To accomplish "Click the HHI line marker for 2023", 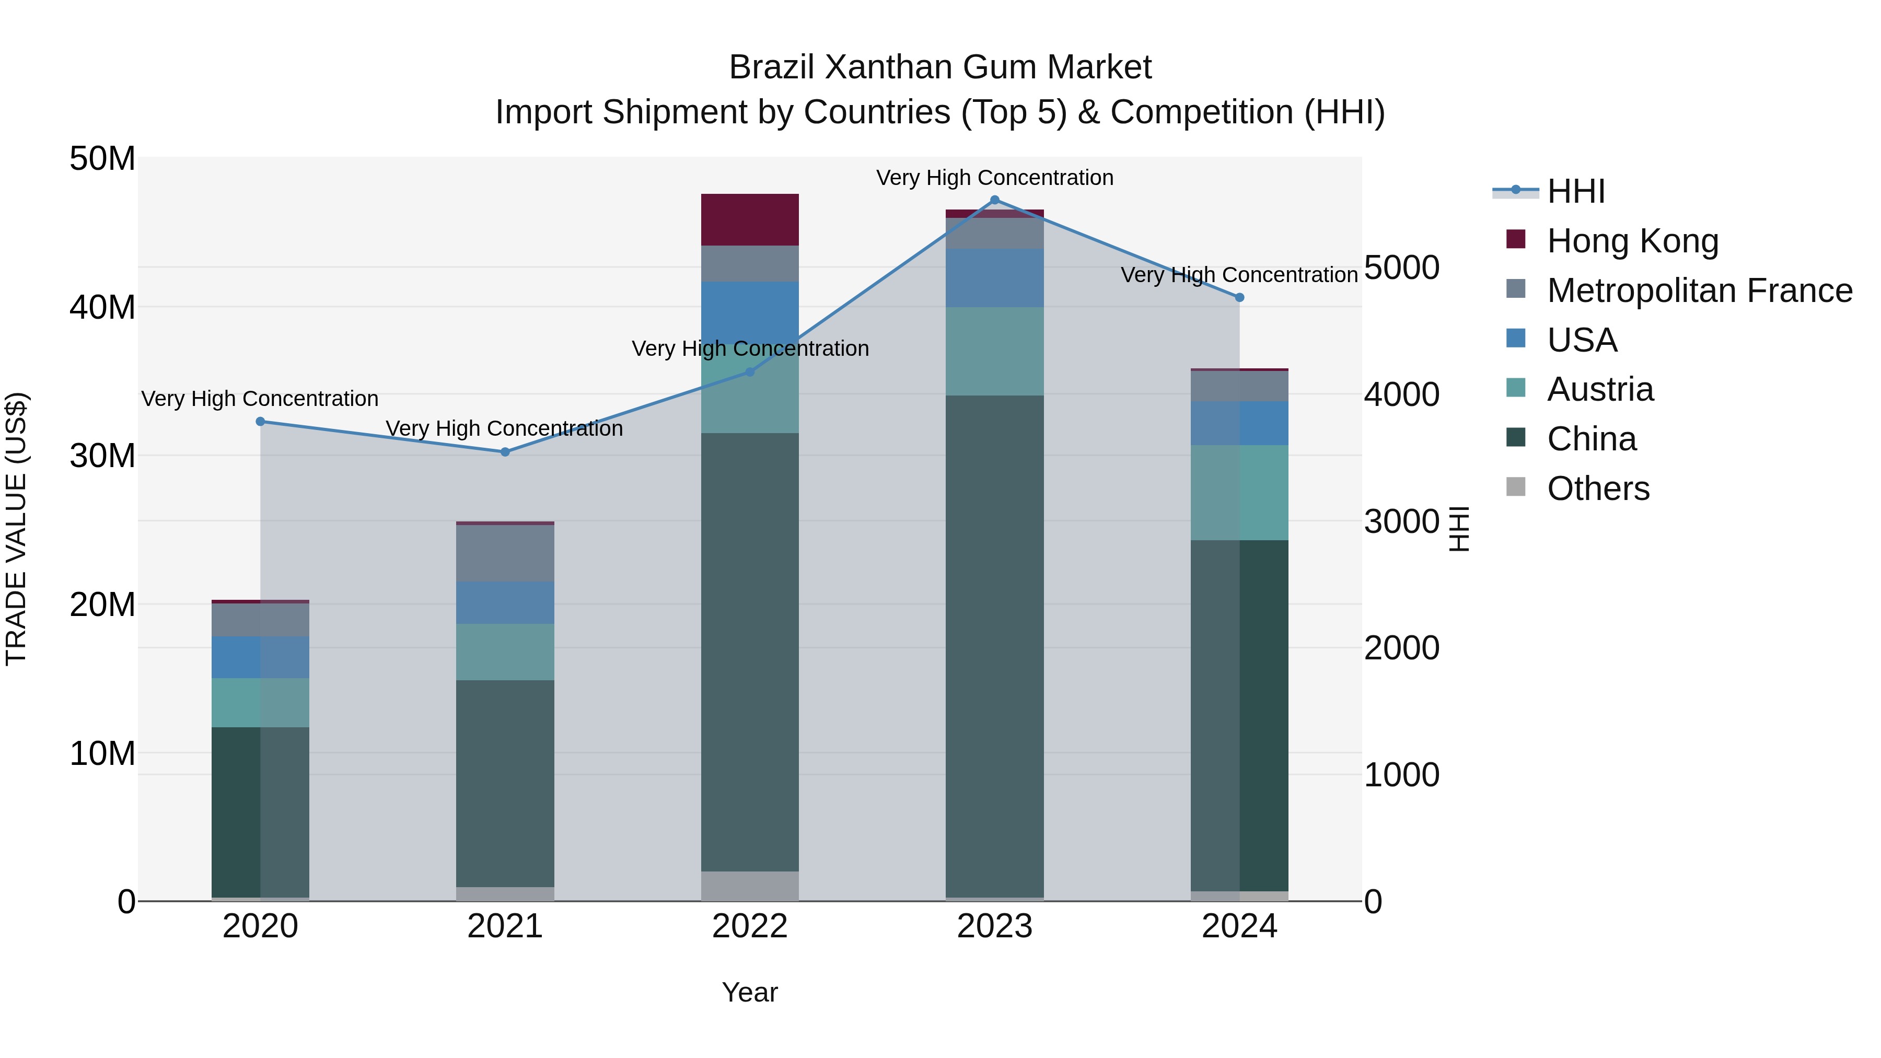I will [994, 200].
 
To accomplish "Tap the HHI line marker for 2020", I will [261, 421].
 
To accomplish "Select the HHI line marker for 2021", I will [505, 452].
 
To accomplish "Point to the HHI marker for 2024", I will [1239, 297].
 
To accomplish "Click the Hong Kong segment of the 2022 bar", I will [750, 219].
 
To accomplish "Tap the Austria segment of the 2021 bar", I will [505, 652].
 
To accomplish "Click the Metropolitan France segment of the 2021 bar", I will [505, 553].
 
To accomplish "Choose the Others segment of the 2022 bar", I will [750, 886].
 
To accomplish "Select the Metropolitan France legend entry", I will [1699, 290].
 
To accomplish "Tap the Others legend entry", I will [1598, 489].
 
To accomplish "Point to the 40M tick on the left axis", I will [102, 307].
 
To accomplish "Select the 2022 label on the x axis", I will [750, 926].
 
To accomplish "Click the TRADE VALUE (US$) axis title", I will [16, 529].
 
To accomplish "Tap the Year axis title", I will [750, 992].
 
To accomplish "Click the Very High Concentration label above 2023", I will [994, 178].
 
